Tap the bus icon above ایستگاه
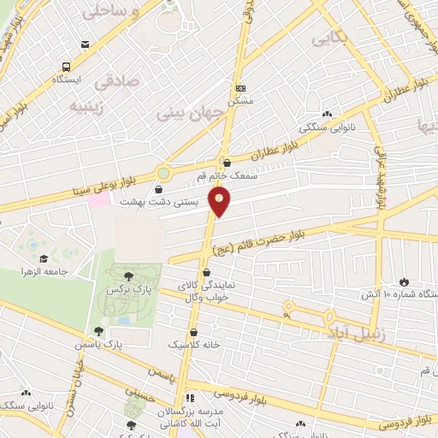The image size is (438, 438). coord(66,66)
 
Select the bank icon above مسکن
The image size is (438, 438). coord(240,87)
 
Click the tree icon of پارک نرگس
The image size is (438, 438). coord(128,275)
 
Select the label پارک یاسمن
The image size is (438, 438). coord(120,344)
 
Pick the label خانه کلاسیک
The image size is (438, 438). coord(193,344)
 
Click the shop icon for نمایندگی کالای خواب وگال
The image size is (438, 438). coord(206,273)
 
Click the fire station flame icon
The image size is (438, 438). coord(404,281)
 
